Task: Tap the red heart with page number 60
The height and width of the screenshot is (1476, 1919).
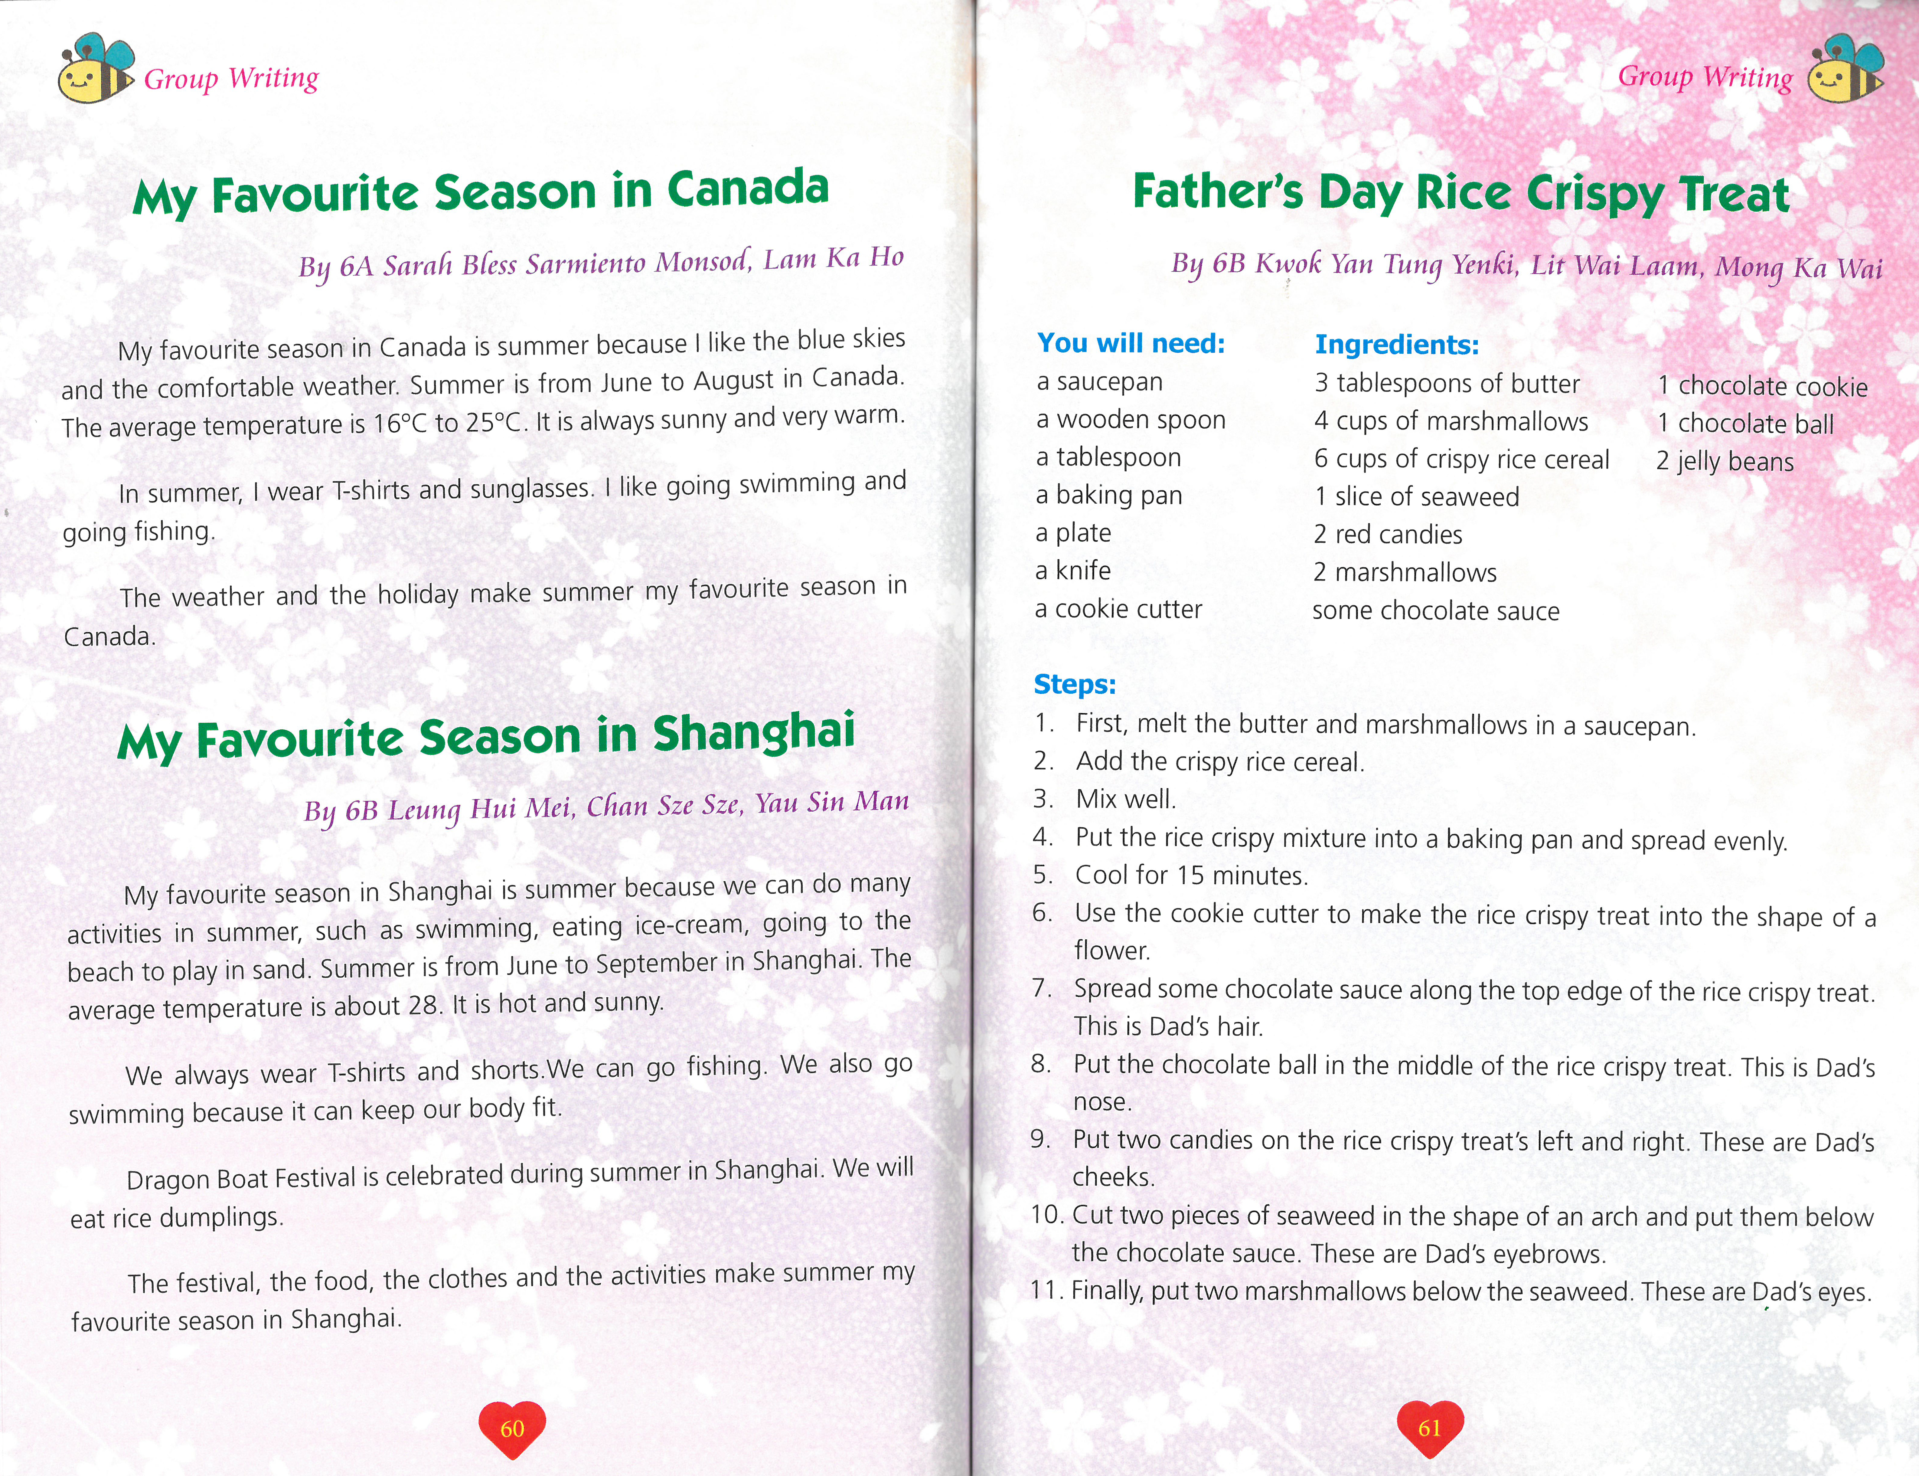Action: pos(512,1428)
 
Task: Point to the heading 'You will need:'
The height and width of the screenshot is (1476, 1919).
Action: pos(1131,343)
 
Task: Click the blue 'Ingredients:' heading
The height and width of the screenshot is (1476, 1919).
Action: pos(1396,344)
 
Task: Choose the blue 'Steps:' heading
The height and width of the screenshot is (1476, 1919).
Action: pos(1075,683)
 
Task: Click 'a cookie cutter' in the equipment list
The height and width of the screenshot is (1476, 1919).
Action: pos(1118,609)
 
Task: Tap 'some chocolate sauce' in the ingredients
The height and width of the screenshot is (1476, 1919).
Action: pos(1436,610)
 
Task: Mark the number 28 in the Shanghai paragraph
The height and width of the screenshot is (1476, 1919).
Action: pos(424,1005)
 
